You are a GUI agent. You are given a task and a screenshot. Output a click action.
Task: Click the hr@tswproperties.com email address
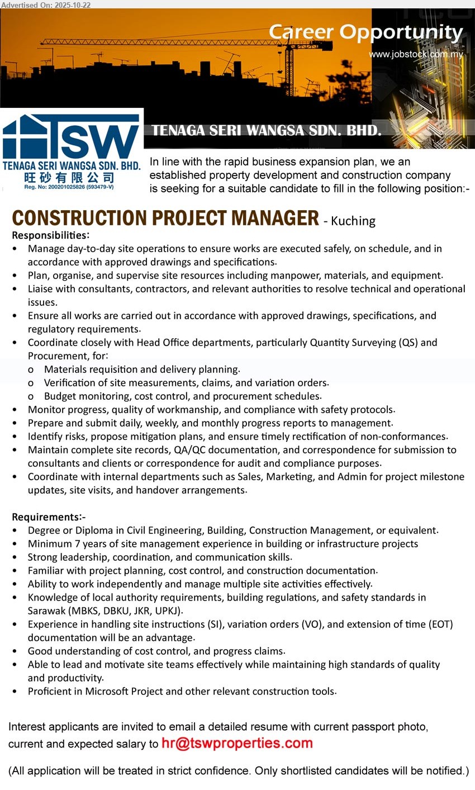coord(237,744)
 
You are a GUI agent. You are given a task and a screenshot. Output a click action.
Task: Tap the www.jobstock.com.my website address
coord(416,54)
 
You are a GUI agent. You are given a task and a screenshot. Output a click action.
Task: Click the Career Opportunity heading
coord(365,32)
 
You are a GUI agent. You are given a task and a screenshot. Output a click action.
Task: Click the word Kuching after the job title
coord(353,221)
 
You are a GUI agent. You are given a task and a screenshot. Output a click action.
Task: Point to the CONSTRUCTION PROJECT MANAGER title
coord(165,218)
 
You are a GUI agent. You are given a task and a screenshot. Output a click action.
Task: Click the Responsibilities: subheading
coord(50,235)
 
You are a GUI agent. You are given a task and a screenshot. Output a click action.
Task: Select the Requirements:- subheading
coord(49,517)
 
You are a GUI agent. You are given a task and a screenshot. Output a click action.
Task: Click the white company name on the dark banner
coord(267,131)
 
